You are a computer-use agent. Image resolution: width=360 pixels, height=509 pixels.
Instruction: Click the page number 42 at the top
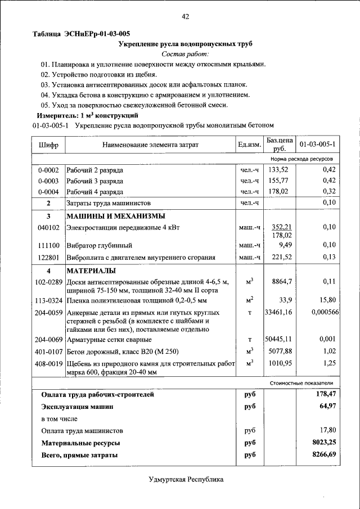pyautogui.click(x=185, y=16)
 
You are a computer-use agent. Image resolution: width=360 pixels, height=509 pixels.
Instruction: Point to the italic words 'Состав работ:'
pyautogui.click(x=185, y=55)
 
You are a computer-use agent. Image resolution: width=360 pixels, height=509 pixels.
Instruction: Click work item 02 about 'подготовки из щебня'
pyautogui.click(x=98, y=75)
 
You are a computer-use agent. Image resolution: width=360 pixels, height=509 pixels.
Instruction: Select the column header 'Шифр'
pyautogui.click(x=48, y=145)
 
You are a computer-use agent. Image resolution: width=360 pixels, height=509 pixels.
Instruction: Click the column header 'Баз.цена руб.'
pyautogui.click(x=280, y=145)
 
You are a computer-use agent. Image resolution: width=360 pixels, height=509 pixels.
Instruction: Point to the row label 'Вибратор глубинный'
pyautogui.click(x=99, y=246)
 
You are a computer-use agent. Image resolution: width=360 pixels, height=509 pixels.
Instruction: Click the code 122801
pyautogui.click(x=48, y=258)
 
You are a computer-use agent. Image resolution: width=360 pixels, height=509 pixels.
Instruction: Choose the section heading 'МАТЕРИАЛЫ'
pyautogui.click(x=92, y=271)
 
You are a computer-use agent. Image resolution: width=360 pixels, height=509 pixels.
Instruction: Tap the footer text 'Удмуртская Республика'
pyautogui.click(x=186, y=480)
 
